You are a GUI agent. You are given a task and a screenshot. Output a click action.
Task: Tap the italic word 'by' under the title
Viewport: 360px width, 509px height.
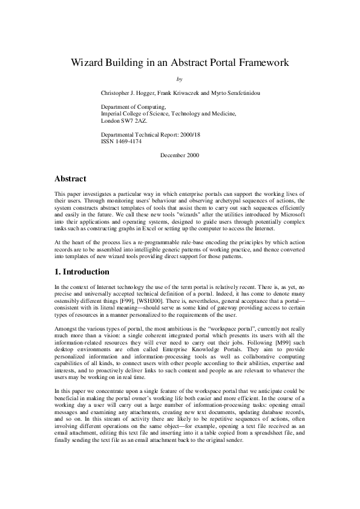(178, 79)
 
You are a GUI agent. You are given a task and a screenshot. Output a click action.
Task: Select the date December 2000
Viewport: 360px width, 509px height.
(180, 155)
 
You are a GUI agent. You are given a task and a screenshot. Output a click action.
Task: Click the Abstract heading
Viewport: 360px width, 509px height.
(70, 179)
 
